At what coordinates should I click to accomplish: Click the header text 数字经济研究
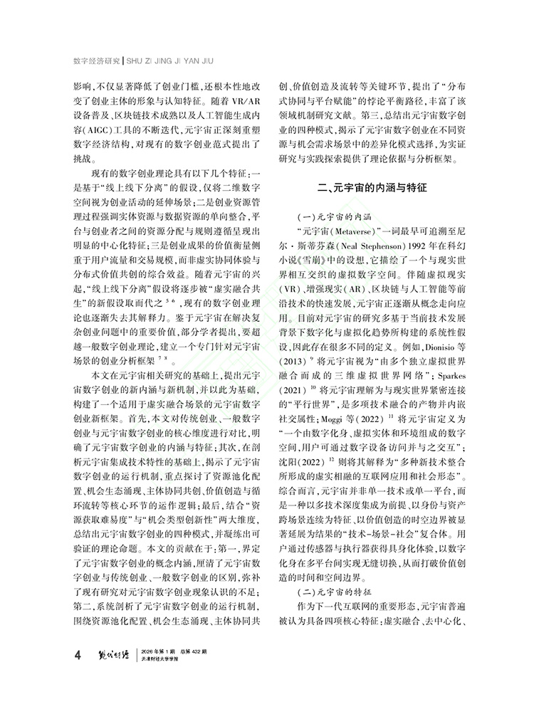(x=98, y=59)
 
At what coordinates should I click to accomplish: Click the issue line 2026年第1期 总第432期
(x=177, y=651)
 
